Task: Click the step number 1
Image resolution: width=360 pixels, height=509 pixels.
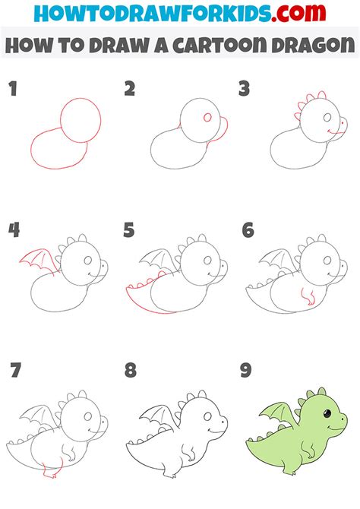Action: point(13,90)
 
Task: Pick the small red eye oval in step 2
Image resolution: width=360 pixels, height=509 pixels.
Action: point(206,119)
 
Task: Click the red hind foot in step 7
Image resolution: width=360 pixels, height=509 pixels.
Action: point(51,473)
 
